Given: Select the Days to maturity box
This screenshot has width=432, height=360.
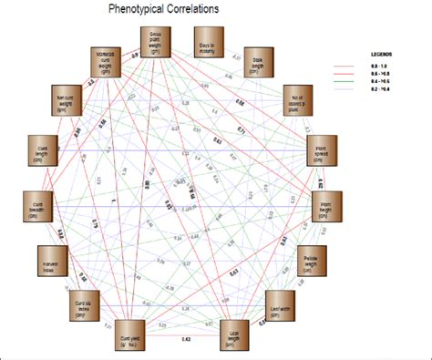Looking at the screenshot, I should (209, 43).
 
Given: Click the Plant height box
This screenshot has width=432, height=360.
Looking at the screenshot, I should (324, 206).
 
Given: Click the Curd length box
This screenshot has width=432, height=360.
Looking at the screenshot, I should (38, 148).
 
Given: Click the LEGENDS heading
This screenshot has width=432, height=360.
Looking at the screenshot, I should (380, 53).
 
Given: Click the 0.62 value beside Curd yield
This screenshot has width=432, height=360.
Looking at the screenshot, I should (185, 339).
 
